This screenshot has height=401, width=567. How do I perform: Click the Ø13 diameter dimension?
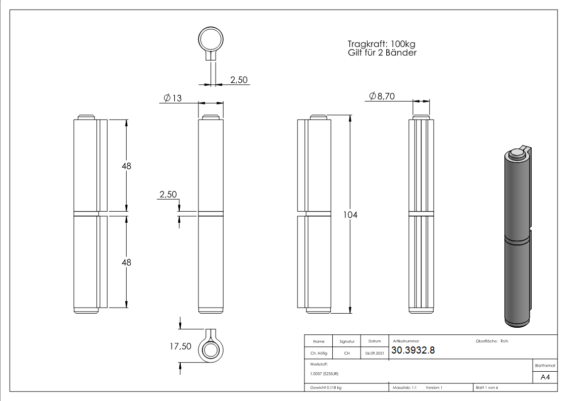tap(173, 97)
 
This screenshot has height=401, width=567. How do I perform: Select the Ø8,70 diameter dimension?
tap(382, 96)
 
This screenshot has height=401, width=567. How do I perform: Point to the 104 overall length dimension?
tap(350, 215)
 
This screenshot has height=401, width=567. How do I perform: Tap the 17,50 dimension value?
tap(180, 346)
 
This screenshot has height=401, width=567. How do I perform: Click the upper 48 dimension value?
tap(126, 166)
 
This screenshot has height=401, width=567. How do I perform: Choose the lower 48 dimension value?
tap(126, 262)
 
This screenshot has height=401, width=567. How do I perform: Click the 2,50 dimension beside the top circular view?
tap(238, 79)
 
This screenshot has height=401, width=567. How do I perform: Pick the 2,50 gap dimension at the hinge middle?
tap(168, 194)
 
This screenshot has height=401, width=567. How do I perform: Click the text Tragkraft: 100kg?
tap(382, 44)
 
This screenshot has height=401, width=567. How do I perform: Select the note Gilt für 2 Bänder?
tap(382, 53)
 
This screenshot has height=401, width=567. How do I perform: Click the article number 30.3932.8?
tap(413, 351)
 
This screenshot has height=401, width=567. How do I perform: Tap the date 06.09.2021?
tap(374, 354)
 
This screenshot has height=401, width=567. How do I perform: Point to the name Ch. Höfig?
tap(319, 354)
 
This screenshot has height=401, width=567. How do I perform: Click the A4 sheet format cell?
tap(545, 377)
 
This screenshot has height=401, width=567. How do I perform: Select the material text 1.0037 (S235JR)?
tap(324, 374)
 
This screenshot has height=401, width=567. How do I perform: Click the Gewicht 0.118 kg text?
tap(326, 387)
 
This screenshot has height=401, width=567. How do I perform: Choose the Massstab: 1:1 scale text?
tap(404, 387)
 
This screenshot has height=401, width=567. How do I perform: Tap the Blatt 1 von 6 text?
tap(486, 387)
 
